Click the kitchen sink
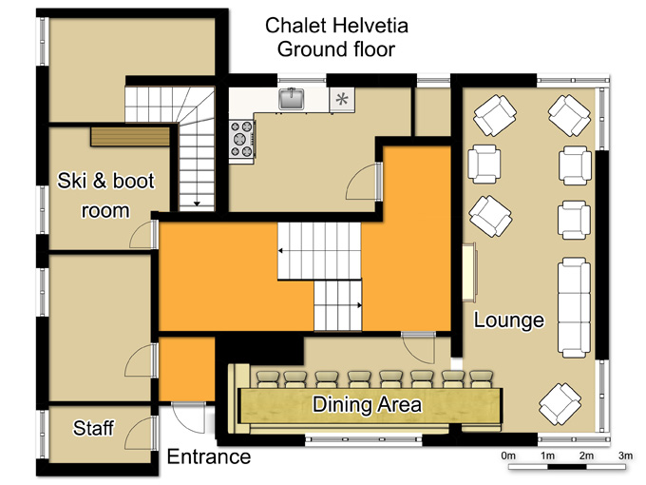click(x=292, y=99)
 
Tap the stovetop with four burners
click(x=241, y=139)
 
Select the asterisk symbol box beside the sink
click(x=342, y=100)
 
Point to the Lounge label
click(x=509, y=320)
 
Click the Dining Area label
click(x=367, y=404)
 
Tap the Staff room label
click(x=93, y=428)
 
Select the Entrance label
click(x=209, y=457)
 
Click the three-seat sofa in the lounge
click(x=574, y=307)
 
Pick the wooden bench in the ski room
click(x=130, y=137)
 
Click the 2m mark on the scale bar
click(x=586, y=456)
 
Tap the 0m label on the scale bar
click(x=508, y=456)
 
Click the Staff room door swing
click(x=140, y=434)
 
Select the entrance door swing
click(x=188, y=417)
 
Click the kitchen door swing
click(x=363, y=182)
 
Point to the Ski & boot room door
click(x=143, y=234)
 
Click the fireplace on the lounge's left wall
click(x=469, y=273)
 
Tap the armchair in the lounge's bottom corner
click(x=560, y=404)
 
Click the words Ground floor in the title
click(x=336, y=49)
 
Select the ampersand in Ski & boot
click(x=100, y=181)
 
